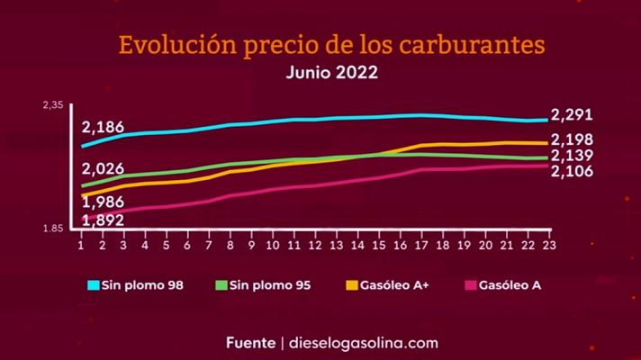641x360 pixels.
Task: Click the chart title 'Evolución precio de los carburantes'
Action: point(332,44)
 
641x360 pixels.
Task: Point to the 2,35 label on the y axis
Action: point(53,106)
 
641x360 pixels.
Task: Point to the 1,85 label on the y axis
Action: point(53,229)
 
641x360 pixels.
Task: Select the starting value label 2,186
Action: point(103,128)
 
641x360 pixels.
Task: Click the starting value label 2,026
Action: point(103,169)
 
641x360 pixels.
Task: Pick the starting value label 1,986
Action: point(103,202)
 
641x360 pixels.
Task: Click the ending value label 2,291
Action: point(572,115)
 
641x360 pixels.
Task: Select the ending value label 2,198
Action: point(572,139)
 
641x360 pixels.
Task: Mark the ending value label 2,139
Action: point(572,156)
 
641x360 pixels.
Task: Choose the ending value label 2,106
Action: point(572,170)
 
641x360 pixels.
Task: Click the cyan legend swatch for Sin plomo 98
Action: point(93,286)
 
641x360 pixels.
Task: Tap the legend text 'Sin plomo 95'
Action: point(270,286)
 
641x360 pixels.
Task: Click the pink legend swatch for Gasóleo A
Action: point(470,286)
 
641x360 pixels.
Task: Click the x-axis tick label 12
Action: point(315,245)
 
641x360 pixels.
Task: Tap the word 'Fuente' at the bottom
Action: point(252,343)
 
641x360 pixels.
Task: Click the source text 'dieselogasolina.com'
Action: point(364,343)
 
